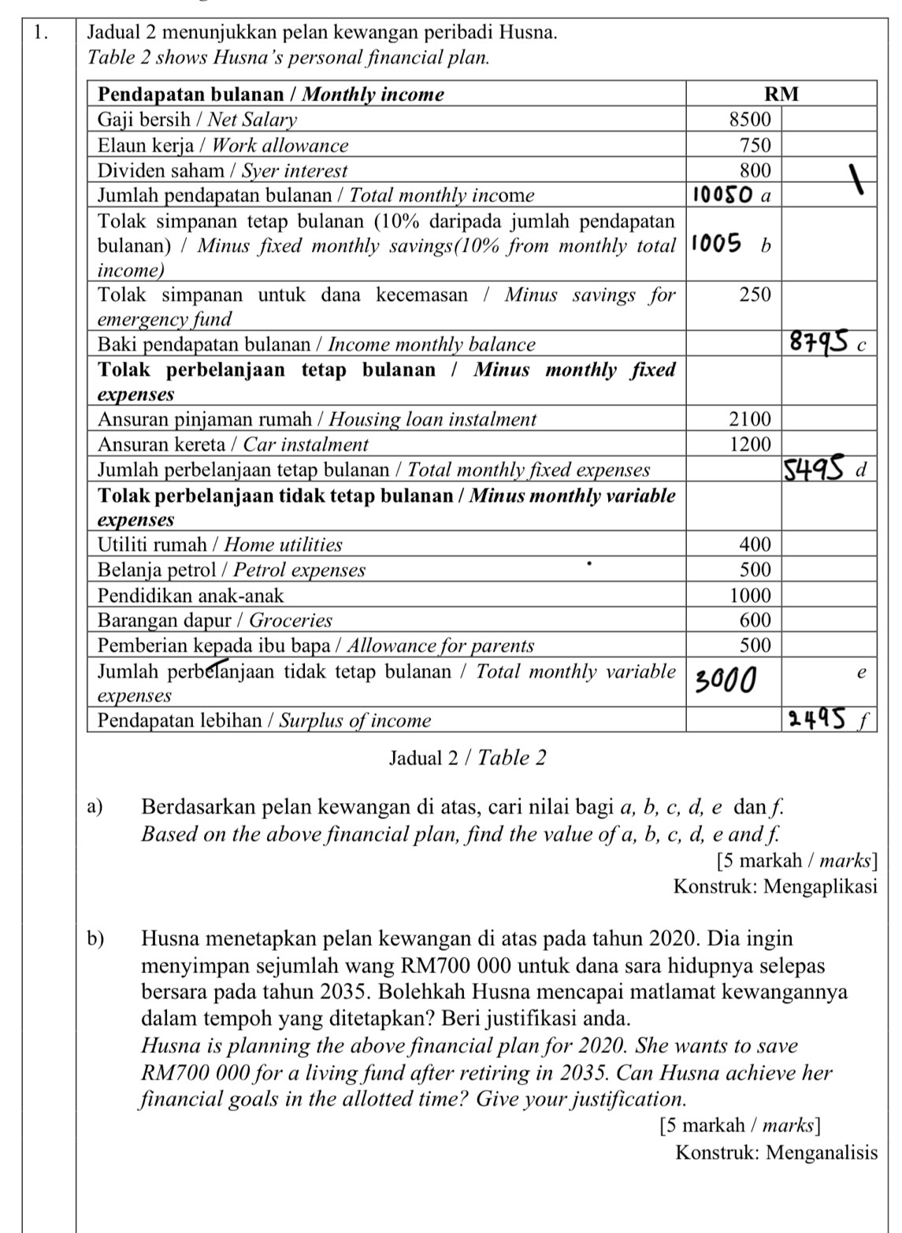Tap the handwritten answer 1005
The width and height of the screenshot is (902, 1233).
pyautogui.click(x=718, y=245)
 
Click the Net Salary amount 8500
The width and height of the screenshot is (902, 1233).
pyautogui.click(x=750, y=120)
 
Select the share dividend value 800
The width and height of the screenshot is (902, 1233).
pyautogui.click(x=755, y=170)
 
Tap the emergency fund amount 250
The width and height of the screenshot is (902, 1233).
pyautogui.click(x=755, y=295)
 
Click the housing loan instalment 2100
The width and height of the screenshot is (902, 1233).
pyautogui.click(x=750, y=419)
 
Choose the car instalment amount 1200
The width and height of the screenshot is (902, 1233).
pyautogui.click(x=750, y=444)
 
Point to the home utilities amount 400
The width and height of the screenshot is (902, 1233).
pyautogui.click(x=755, y=544)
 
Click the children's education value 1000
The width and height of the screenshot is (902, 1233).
pyautogui.click(x=750, y=595)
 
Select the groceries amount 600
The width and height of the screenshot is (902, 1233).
pyautogui.click(x=755, y=620)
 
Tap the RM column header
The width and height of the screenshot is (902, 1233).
pyautogui.click(x=782, y=95)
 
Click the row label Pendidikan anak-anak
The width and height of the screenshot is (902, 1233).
pyautogui.click(x=190, y=595)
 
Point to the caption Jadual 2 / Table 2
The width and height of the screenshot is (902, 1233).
pyautogui.click(x=467, y=758)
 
